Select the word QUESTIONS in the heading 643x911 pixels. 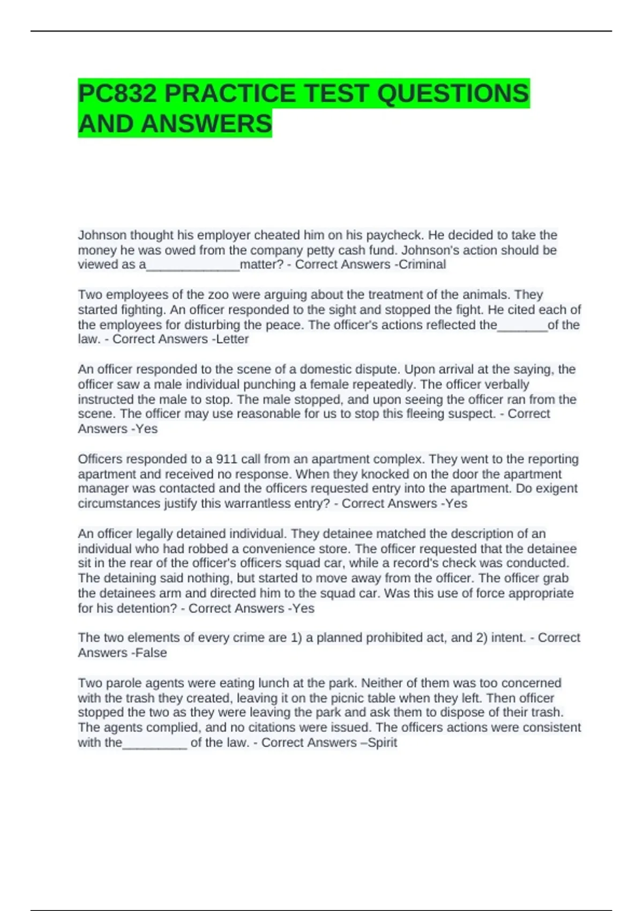(x=453, y=94)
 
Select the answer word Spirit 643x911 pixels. (x=382, y=743)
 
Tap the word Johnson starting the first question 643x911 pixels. (x=102, y=235)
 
